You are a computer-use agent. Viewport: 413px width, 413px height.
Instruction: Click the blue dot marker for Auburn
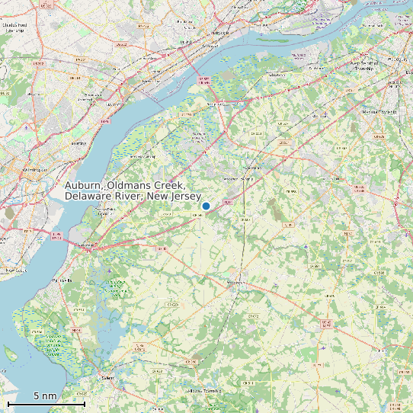[206, 206]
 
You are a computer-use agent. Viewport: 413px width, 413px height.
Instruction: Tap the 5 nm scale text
[45, 396]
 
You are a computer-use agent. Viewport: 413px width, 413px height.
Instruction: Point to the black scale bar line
[46, 403]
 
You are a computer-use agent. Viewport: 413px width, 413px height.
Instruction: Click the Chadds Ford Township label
[16, 27]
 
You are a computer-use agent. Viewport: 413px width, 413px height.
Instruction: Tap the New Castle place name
[15, 271]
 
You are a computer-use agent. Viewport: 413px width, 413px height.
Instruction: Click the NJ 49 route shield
[75, 329]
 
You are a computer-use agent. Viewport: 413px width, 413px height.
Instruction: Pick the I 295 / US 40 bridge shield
[56, 234]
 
